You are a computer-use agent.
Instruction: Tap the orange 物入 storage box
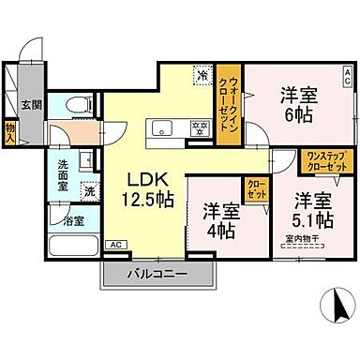coord(10,130)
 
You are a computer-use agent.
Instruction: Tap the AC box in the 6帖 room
coord(345,71)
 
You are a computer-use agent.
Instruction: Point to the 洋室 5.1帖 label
coord(309,210)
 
